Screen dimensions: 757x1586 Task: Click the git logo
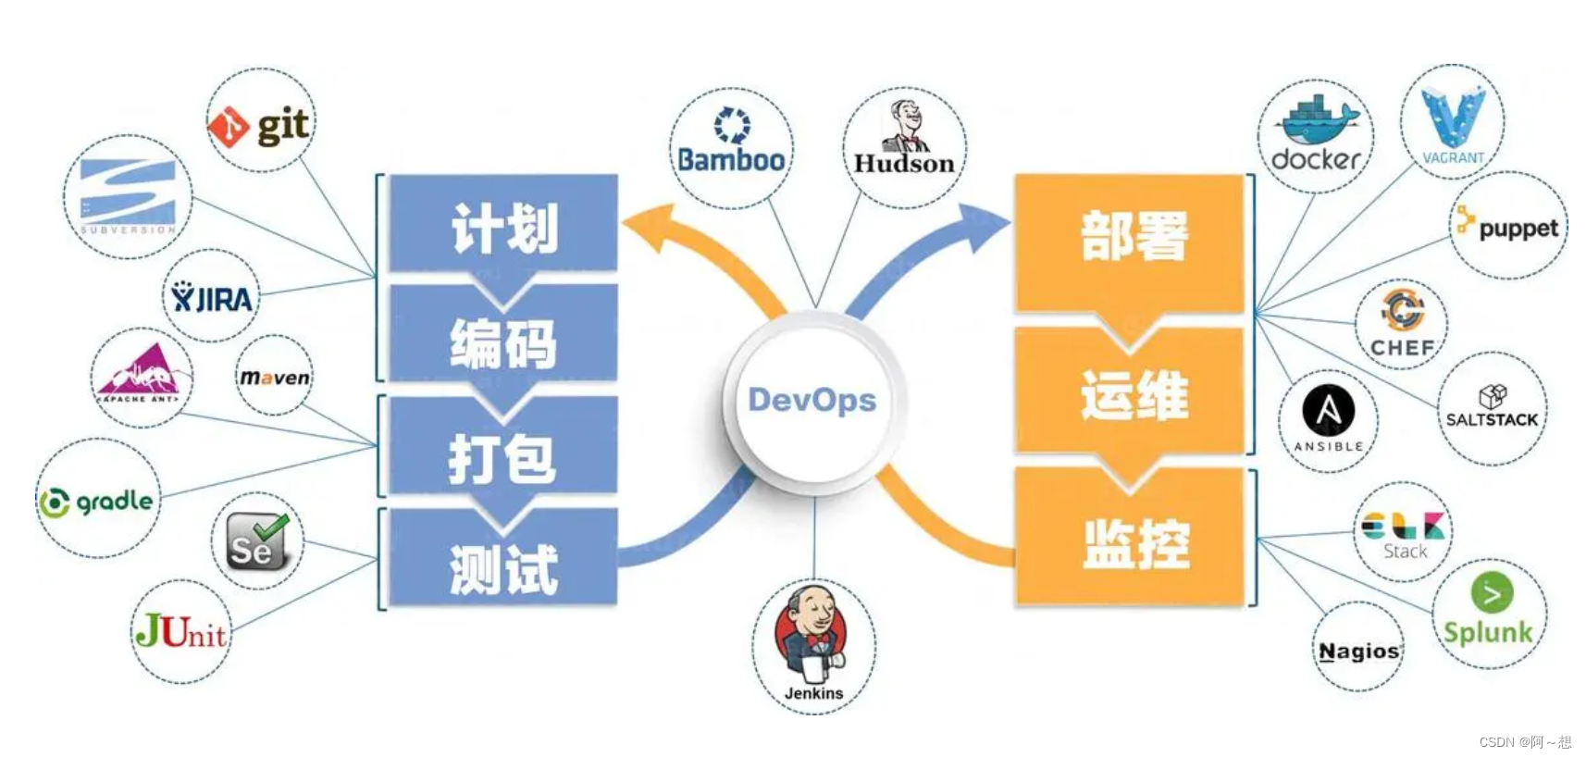[260, 124]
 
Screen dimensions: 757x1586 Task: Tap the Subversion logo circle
[128, 196]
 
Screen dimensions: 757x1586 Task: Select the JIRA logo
[212, 298]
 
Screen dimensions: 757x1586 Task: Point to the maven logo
[275, 377]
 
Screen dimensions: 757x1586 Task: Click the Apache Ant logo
[142, 377]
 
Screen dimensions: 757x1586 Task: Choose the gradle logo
[97, 501]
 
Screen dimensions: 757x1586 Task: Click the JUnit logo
[181, 632]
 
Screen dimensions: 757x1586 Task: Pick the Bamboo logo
[731, 146]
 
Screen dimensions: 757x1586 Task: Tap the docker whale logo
[1316, 135]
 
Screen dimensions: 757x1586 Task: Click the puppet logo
[1508, 226]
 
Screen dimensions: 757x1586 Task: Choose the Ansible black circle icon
[1329, 411]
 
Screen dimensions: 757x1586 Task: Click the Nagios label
[1358, 652]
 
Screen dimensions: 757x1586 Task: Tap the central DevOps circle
[812, 400]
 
